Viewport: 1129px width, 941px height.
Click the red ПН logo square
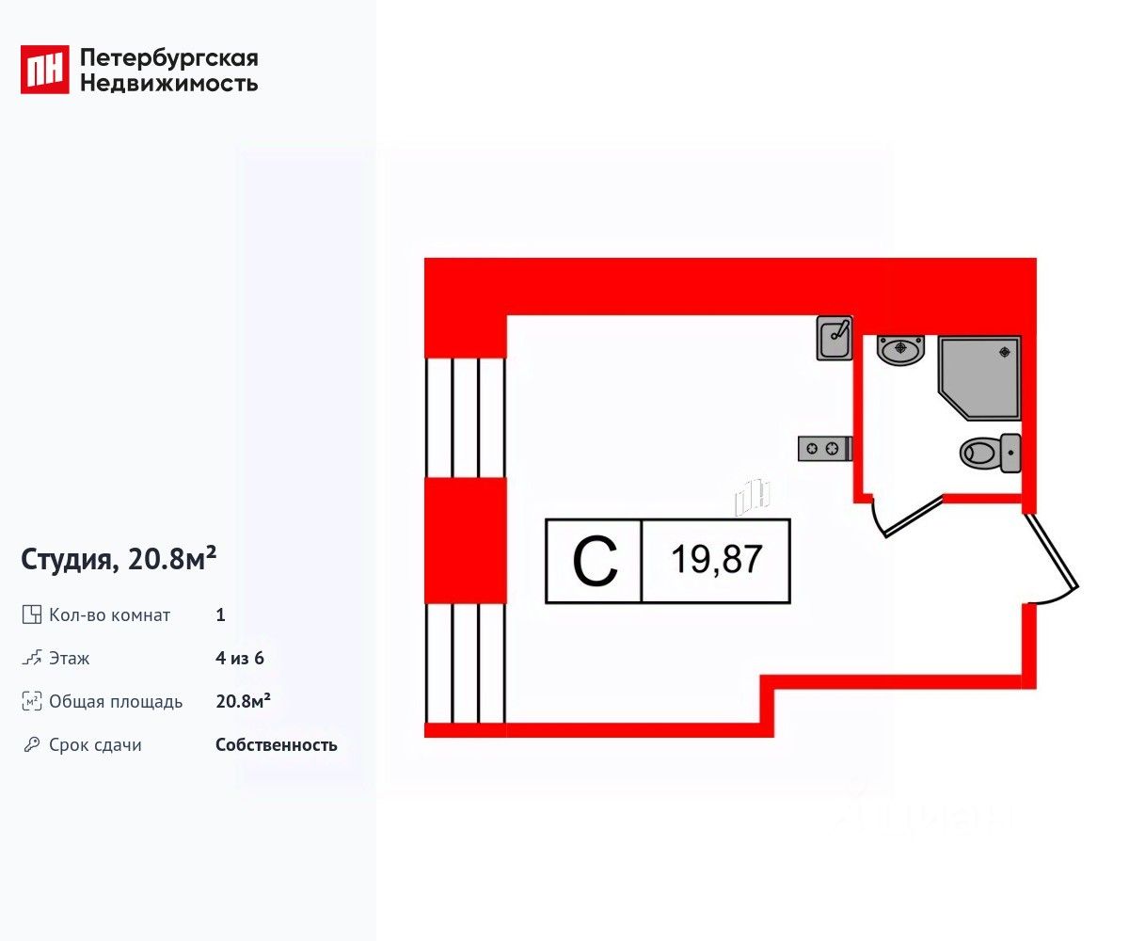[x=45, y=70]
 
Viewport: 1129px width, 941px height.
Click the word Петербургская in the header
[x=169, y=58]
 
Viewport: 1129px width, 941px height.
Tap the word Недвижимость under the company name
[x=169, y=83]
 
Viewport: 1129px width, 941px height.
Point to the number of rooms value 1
[x=220, y=615]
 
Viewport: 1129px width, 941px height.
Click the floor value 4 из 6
[x=239, y=659]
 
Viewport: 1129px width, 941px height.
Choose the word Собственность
[x=276, y=745]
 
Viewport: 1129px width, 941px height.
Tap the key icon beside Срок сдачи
[x=32, y=745]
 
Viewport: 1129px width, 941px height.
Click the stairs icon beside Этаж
[x=32, y=659]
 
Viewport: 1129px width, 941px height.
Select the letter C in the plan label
[x=595, y=562]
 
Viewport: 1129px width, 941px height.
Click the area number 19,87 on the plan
[x=716, y=562]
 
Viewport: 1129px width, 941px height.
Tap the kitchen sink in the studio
[x=835, y=338]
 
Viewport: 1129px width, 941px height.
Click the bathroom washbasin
[x=900, y=351]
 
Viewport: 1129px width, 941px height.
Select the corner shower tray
[x=979, y=376]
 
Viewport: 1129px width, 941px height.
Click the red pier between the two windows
[x=466, y=540]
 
